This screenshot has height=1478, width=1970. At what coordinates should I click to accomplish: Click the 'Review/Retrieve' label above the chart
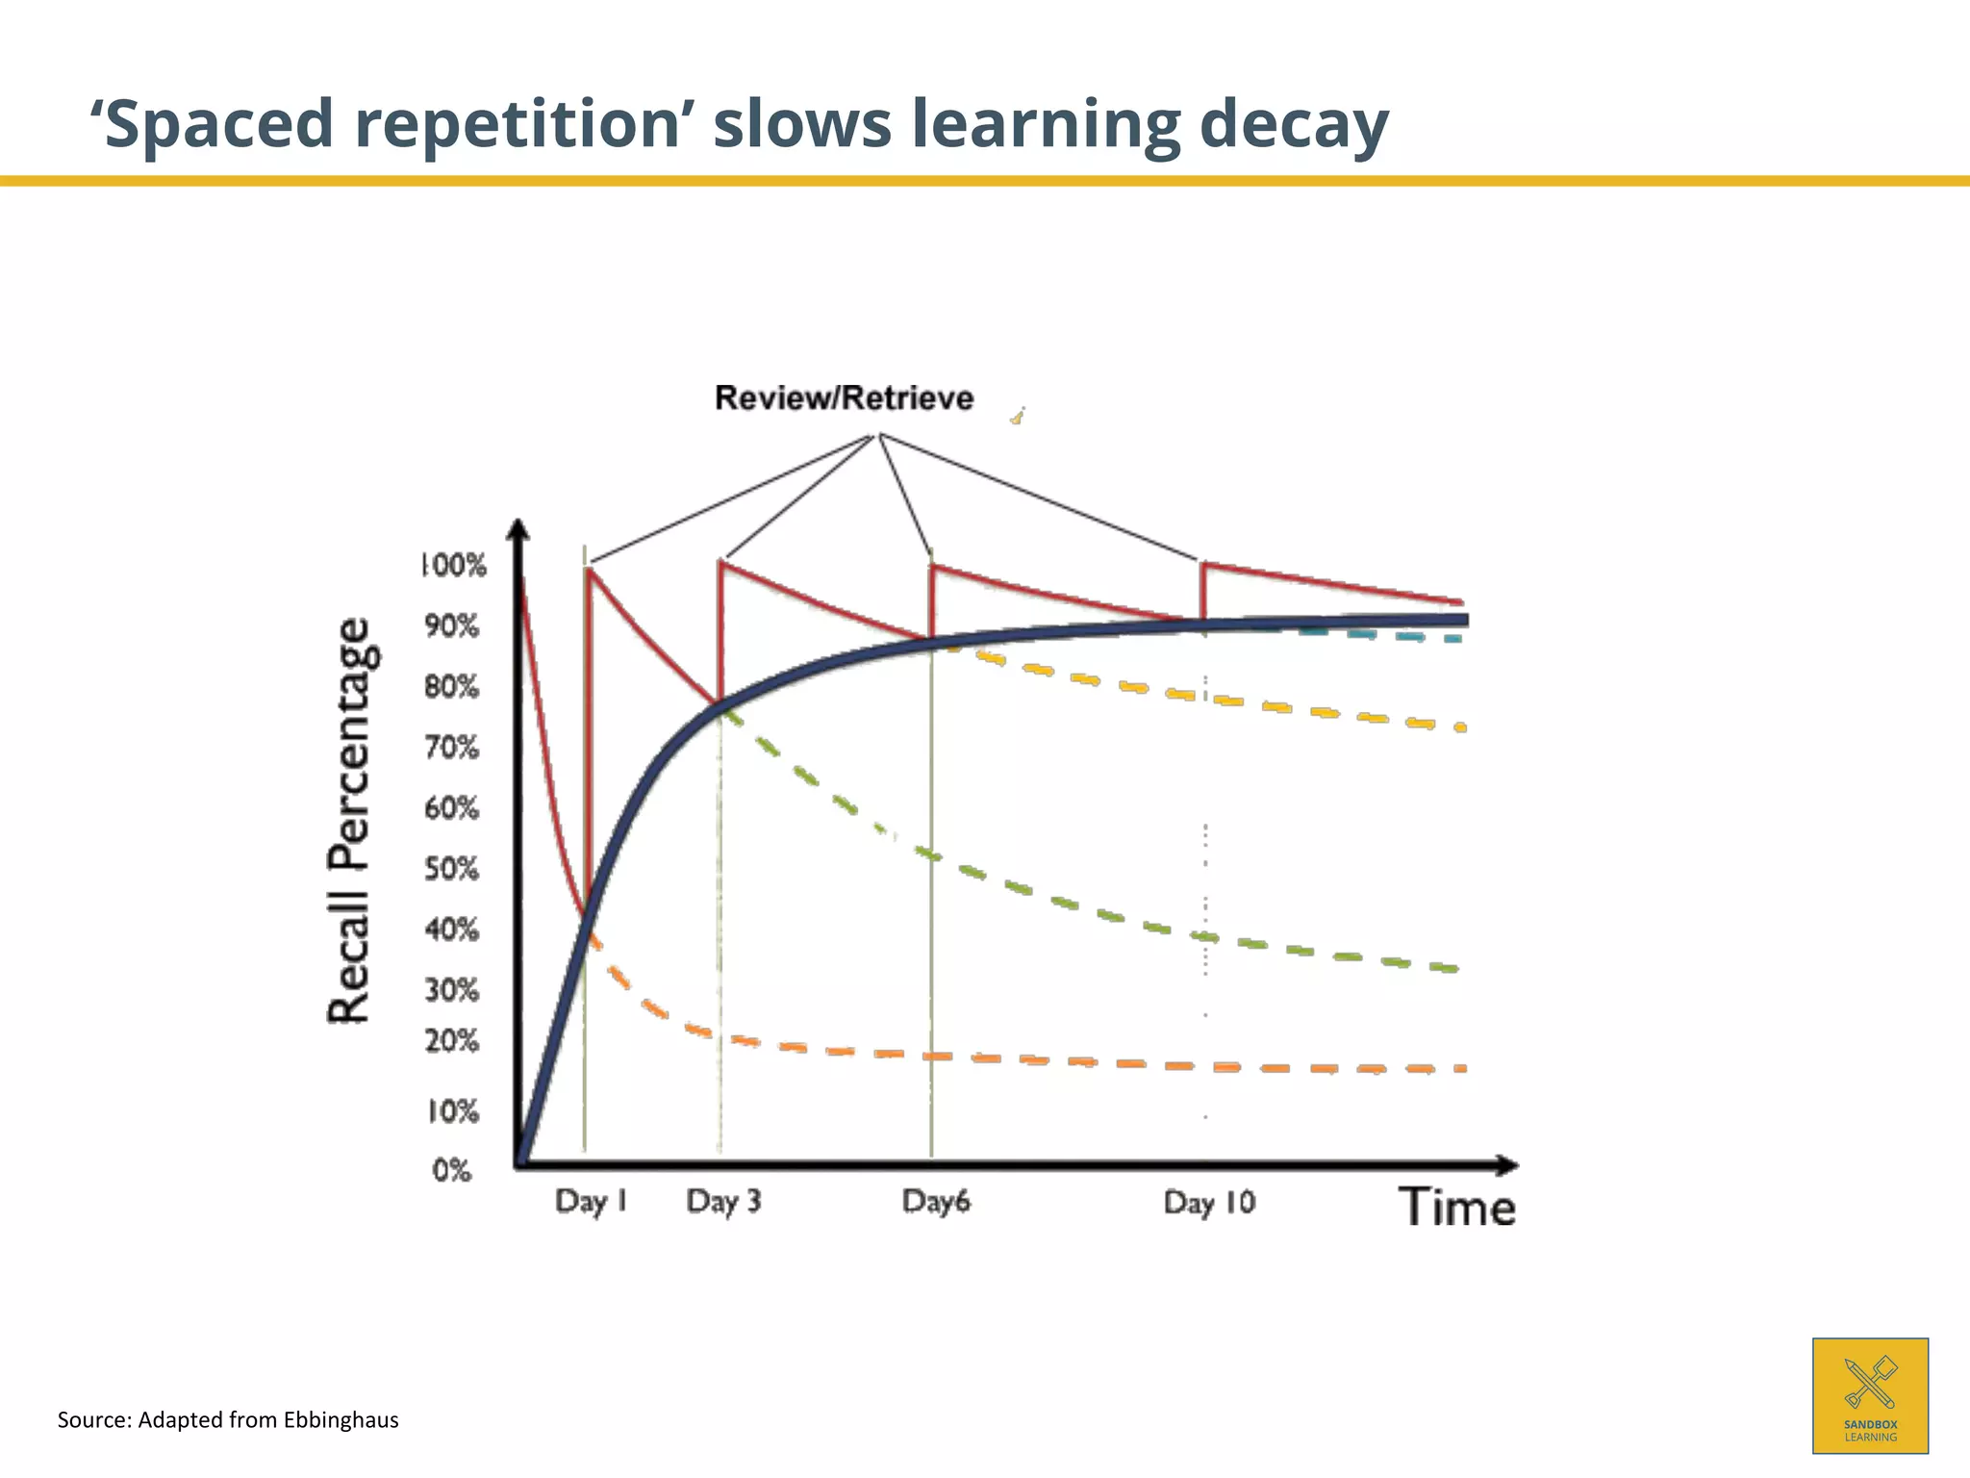click(x=844, y=397)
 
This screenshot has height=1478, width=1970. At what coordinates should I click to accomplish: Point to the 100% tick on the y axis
click(x=454, y=565)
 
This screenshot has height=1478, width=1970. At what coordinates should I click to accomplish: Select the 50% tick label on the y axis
click(x=451, y=869)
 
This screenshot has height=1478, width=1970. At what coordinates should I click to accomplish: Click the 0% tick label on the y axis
click(x=451, y=1170)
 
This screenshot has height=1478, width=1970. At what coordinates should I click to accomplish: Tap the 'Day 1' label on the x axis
click(x=591, y=1201)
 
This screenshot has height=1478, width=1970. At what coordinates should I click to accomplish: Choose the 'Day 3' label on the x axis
click(x=723, y=1201)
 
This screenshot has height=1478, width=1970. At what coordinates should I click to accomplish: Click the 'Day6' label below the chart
click(x=936, y=1201)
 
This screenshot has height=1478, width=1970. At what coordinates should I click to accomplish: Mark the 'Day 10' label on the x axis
click(x=1209, y=1202)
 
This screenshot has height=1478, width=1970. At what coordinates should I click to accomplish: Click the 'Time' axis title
click(x=1456, y=1207)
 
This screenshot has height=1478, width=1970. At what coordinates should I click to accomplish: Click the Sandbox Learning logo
click(x=1870, y=1394)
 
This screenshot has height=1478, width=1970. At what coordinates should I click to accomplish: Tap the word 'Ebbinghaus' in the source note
click(x=341, y=1420)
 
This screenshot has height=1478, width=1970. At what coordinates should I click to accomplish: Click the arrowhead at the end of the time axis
click(x=1508, y=1165)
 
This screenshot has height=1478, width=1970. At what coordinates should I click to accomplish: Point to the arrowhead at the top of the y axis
click(x=518, y=530)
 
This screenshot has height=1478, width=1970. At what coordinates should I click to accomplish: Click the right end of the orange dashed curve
click(x=1460, y=1068)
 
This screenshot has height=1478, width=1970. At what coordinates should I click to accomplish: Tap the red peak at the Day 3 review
click(x=720, y=562)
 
